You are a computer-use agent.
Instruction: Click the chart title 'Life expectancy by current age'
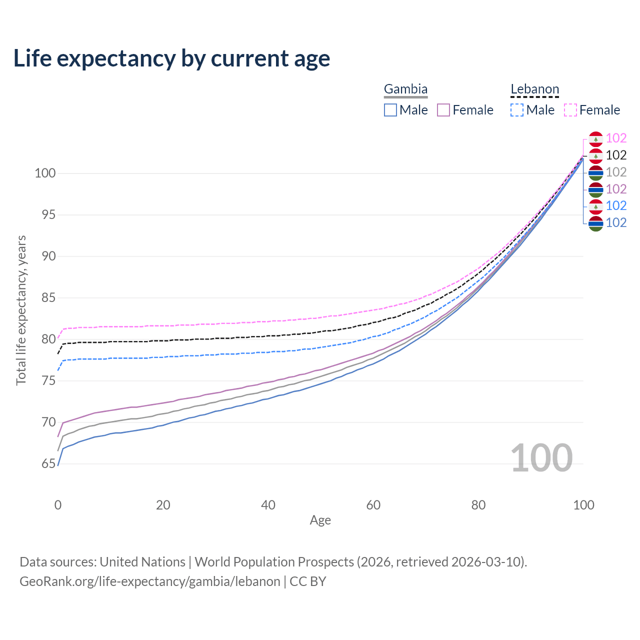pos(171,58)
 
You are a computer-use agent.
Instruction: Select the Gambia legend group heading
pos(405,89)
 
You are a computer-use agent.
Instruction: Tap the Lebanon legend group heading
pos(534,89)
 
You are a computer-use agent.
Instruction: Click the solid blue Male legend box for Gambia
pos(390,110)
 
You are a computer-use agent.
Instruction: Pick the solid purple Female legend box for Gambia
pos(443,110)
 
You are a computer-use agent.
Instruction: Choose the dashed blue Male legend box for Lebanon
pos(517,110)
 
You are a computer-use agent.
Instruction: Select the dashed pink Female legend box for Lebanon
pos(570,110)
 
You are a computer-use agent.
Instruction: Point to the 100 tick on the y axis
pos(44,173)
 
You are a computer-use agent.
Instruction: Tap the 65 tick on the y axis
pos(48,464)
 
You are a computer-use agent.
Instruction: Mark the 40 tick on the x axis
pos(268,505)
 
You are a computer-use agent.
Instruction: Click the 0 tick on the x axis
pos(58,505)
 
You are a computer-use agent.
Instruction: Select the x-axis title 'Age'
pos(320,520)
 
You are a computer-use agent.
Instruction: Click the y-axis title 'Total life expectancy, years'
pos(21,310)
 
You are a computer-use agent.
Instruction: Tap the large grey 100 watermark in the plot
pos(541,458)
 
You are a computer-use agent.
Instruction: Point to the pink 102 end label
pos(616,138)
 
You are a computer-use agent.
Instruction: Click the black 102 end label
pos(616,155)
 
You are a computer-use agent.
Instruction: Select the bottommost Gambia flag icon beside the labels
pos(595,223)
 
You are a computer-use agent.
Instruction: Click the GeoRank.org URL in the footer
pos(150,581)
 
